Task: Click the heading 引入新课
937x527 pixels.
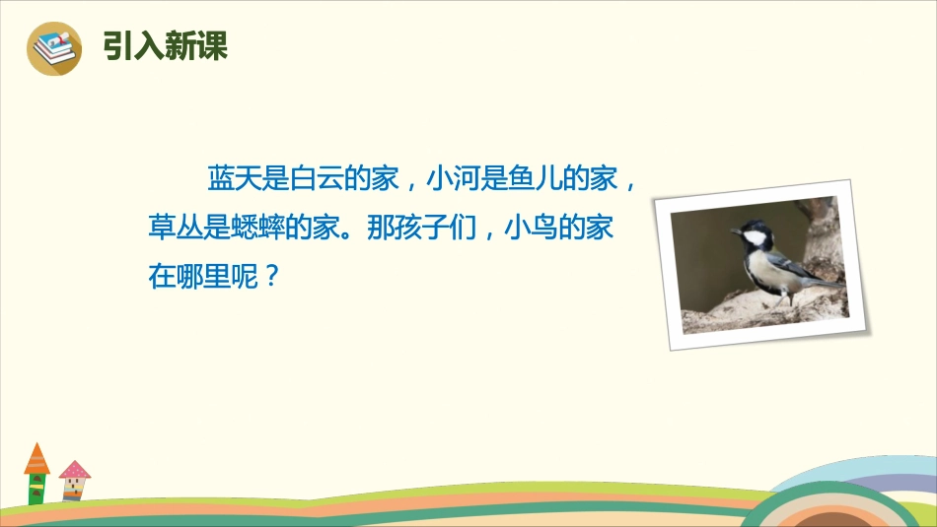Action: coord(166,46)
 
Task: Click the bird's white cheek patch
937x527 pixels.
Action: coord(756,238)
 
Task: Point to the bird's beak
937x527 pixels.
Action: coord(734,232)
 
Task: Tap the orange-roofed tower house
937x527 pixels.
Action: coord(36,473)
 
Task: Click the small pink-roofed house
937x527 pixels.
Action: coord(73,480)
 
